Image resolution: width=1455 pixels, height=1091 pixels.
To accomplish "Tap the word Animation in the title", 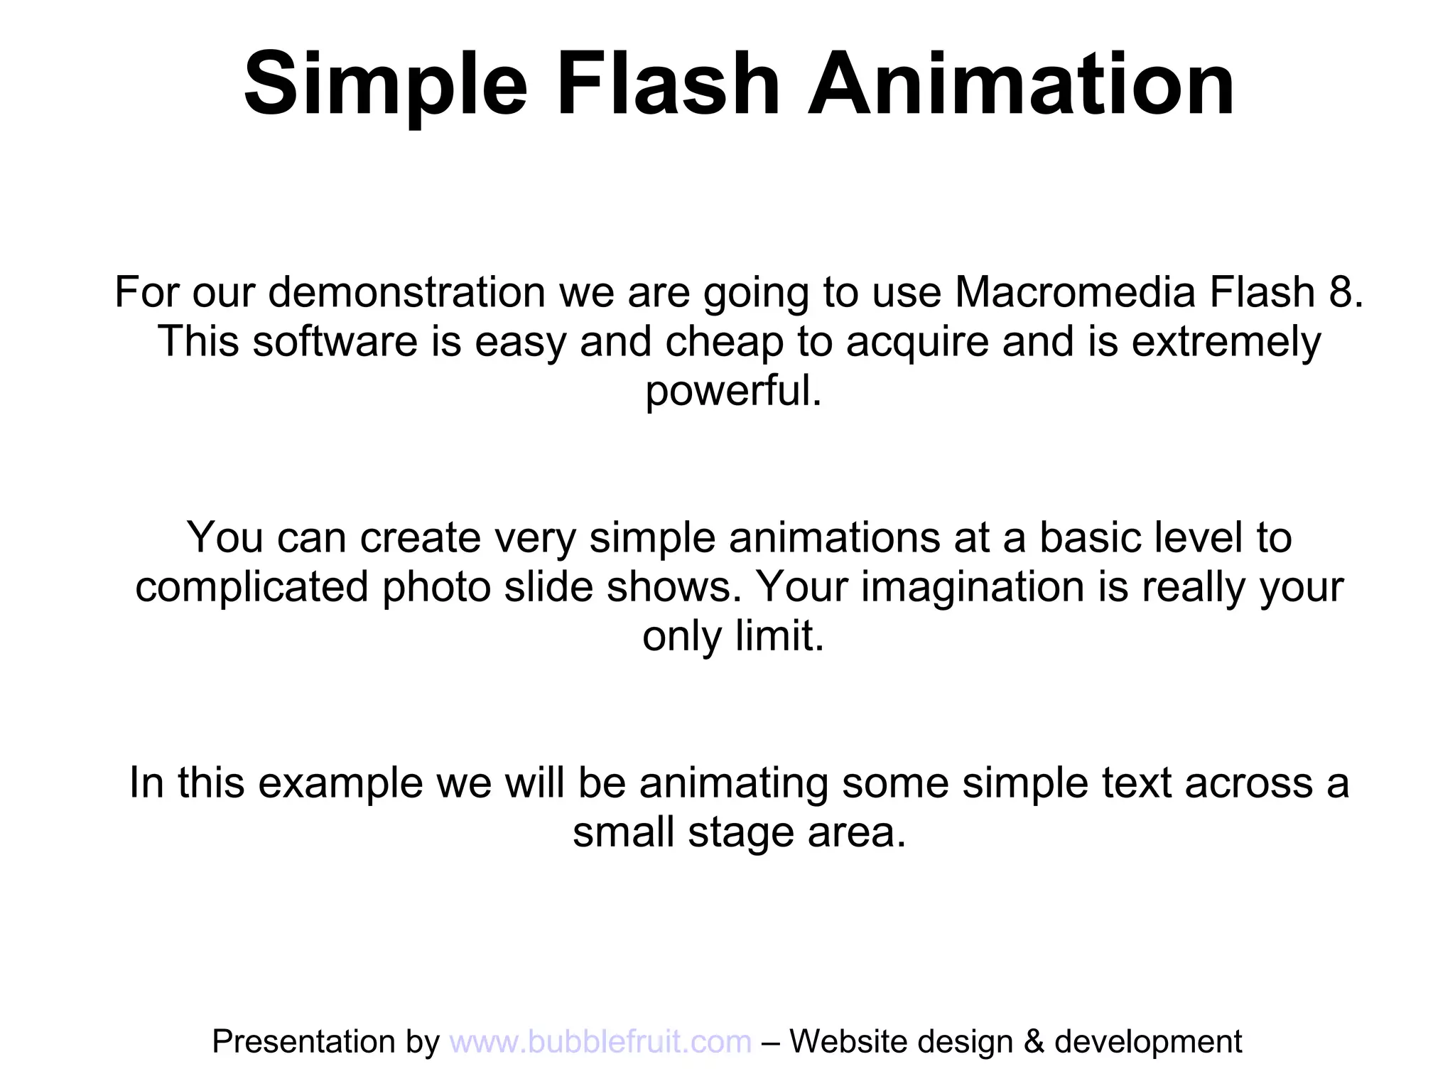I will point(1021,84).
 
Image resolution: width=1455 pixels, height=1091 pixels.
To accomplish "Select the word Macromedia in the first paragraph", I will point(1075,292).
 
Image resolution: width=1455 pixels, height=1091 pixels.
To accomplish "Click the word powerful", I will point(732,391).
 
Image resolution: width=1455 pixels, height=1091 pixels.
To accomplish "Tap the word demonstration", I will point(406,292).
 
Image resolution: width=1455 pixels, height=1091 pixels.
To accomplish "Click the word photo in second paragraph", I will point(437,587).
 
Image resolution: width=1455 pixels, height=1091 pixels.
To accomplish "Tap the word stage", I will point(741,833).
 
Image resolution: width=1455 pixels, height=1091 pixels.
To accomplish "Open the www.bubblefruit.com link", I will point(600,1042).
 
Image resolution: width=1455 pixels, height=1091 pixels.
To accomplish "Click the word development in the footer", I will point(1148,1042).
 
